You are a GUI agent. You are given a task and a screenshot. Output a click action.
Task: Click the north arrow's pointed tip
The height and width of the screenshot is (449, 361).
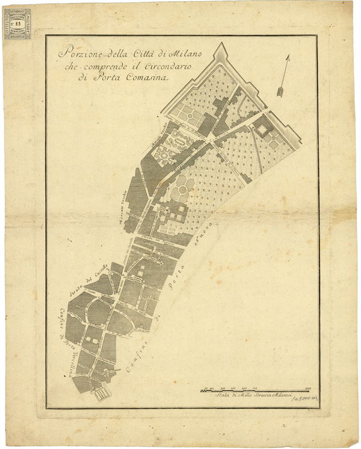[x=287, y=56]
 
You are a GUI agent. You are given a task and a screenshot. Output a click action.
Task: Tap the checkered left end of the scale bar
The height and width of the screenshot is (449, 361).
[x=203, y=391]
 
